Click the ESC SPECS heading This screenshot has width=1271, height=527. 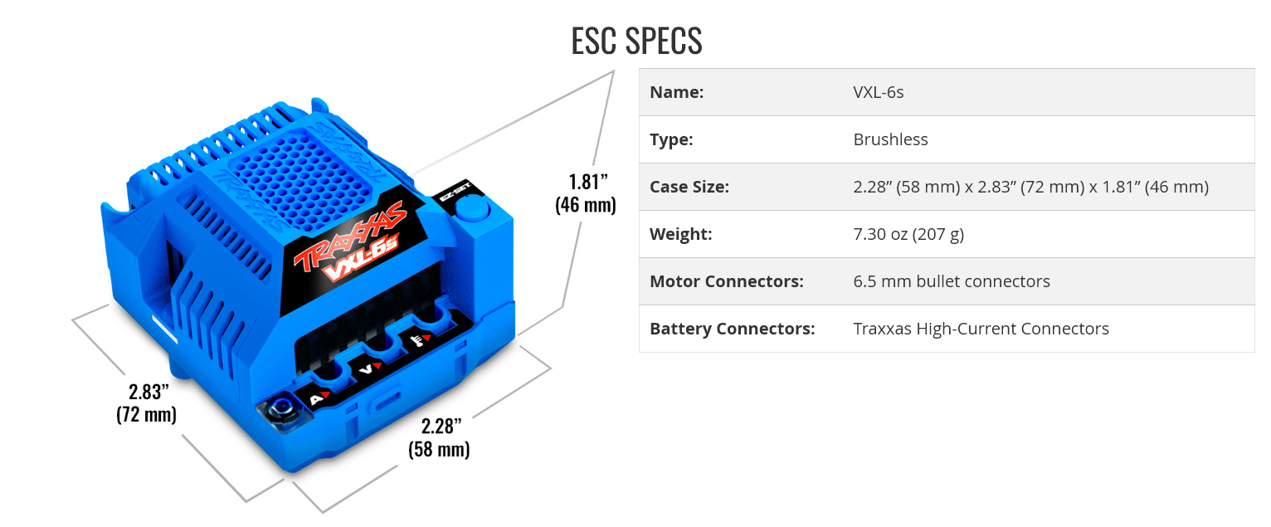(636, 41)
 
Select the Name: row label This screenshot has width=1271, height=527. (676, 92)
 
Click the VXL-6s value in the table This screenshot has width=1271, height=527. (878, 92)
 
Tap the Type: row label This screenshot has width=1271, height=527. (671, 139)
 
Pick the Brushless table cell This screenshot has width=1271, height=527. (890, 139)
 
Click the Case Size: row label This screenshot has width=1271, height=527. (689, 187)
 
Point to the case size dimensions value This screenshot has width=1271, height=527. (1030, 187)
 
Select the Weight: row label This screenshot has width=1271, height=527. (680, 234)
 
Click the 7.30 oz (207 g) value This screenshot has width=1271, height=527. (908, 234)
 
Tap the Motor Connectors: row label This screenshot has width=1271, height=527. (726, 281)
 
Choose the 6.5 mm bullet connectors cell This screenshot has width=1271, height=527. (952, 281)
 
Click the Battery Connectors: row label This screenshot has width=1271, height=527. (732, 329)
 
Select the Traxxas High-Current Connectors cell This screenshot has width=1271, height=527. (981, 329)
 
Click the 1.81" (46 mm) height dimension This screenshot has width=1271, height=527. (586, 193)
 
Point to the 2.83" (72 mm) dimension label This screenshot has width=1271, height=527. (148, 403)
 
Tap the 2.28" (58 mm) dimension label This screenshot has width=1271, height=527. (439, 437)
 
